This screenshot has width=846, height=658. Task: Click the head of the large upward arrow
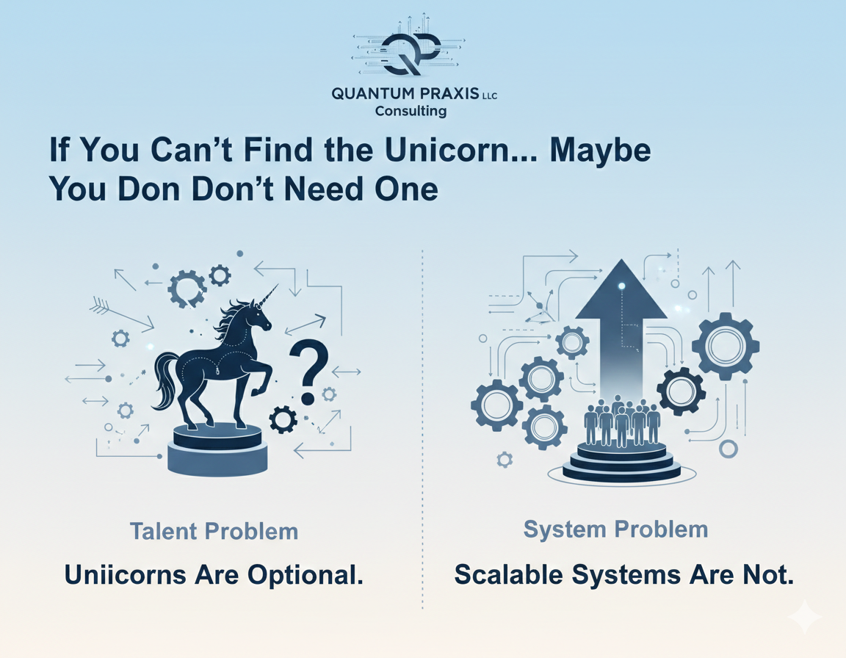(622, 291)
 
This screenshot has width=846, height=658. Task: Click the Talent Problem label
(214, 531)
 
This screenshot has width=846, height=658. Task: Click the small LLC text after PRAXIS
(488, 95)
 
